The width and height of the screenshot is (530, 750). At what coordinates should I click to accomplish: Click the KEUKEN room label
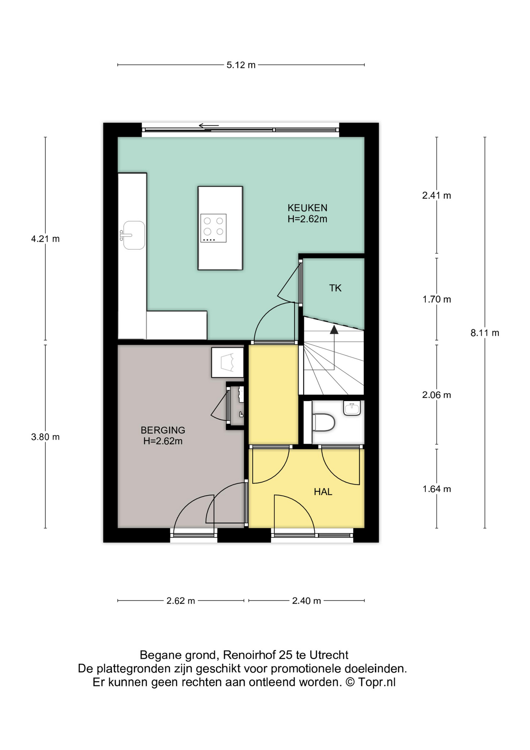pyautogui.click(x=308, y=207)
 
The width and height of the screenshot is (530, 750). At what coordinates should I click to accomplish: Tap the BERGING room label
pyautogui.click(x=163, y=430)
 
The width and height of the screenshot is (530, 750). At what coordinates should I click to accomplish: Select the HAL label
pyautogui.click(x=323, y=492)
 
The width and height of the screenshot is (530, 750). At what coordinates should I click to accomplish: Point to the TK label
pyautogui.click(x=335, y=288)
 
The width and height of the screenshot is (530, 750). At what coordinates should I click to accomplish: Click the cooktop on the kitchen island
pyautogui.click(x=213, y=228)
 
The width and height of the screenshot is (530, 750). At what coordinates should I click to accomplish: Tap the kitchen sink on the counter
pyautogui.click(x=133, y=235)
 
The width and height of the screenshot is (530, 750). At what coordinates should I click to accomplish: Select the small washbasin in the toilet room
pyautogui.click(x=352, y=408)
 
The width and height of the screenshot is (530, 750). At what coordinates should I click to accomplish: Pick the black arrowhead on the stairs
pyautogui.click(x=334, y=330)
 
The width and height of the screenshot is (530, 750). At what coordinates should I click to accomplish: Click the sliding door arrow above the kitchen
pyautogui.click(x=209, y=126)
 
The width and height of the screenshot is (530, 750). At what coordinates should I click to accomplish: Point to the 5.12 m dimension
pyautogui.click(x=241, y=65)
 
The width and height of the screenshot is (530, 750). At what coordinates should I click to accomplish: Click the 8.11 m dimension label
pyautogui.click(x=485, y=333)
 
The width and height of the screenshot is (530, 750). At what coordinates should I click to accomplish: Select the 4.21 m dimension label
pyautogui.click(x=45, y=239)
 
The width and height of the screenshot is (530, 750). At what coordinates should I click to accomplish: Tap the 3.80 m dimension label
pyautogui.click(x=45, y=437)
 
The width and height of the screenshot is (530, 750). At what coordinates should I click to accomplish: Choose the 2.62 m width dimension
pyautogui.click(x=181, y=601)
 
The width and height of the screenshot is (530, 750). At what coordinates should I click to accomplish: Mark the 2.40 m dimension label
pyautogui.click(x=306, y=601)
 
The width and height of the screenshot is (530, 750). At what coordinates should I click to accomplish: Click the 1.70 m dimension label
pyautogui.click(x=437, y=299)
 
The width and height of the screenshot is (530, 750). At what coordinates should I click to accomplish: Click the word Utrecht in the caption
pyautogui.click(x=329, y=655)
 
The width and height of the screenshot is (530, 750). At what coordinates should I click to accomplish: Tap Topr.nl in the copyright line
pyautogui.click(x=377, y=682)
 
